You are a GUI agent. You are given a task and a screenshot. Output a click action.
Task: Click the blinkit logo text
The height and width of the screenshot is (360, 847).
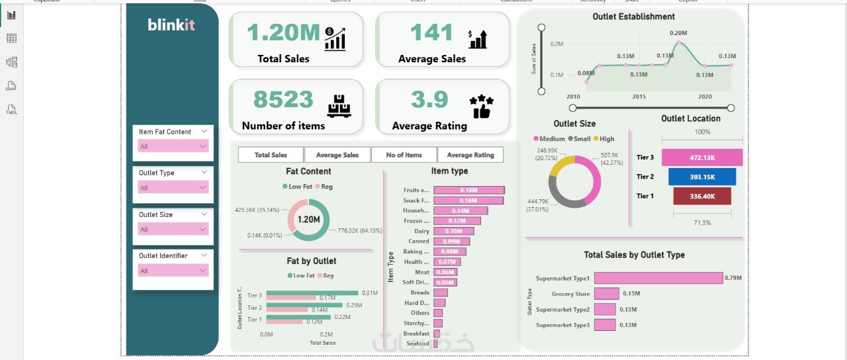(171, 25)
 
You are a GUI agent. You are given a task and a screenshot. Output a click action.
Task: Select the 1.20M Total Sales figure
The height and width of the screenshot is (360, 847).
(284, 32)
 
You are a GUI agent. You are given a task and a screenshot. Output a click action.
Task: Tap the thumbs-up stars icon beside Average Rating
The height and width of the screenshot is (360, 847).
(481, 106)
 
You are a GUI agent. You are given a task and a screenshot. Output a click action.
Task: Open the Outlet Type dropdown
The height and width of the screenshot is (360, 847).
(173, 188)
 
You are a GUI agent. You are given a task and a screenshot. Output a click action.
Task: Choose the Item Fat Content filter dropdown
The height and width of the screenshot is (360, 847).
(173, 146)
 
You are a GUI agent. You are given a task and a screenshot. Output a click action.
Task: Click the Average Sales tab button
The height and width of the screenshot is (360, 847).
(337, 155)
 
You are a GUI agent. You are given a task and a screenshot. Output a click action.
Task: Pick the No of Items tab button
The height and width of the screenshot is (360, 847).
(404, 155)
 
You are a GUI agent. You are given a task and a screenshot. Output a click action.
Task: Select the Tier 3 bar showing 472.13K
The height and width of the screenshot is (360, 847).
(702, 157)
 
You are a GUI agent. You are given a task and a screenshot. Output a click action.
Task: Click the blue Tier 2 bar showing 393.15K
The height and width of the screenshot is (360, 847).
(702, 177)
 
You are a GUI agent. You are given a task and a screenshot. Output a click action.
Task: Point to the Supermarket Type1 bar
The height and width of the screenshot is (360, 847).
(658, 278)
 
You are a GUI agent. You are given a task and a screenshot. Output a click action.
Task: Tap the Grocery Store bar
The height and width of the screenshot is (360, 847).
(606, 294)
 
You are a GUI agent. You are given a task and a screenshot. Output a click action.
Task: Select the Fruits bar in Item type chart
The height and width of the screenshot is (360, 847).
(469, 191)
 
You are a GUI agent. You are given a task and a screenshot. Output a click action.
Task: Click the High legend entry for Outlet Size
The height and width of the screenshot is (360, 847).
(603, 139)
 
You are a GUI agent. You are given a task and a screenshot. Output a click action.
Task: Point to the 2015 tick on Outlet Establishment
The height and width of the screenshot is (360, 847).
(639, 97)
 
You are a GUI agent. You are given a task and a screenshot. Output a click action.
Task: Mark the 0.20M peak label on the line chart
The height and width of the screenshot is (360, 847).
(678, 32)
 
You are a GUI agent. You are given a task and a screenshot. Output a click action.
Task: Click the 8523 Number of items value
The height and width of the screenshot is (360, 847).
(283, 99)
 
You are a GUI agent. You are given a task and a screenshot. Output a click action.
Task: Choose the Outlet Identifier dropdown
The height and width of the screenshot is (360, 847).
(173, 271)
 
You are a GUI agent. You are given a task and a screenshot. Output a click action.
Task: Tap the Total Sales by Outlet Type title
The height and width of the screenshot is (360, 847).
(634, 255)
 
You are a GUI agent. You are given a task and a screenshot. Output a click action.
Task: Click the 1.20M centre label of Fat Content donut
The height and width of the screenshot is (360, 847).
(309, 220)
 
